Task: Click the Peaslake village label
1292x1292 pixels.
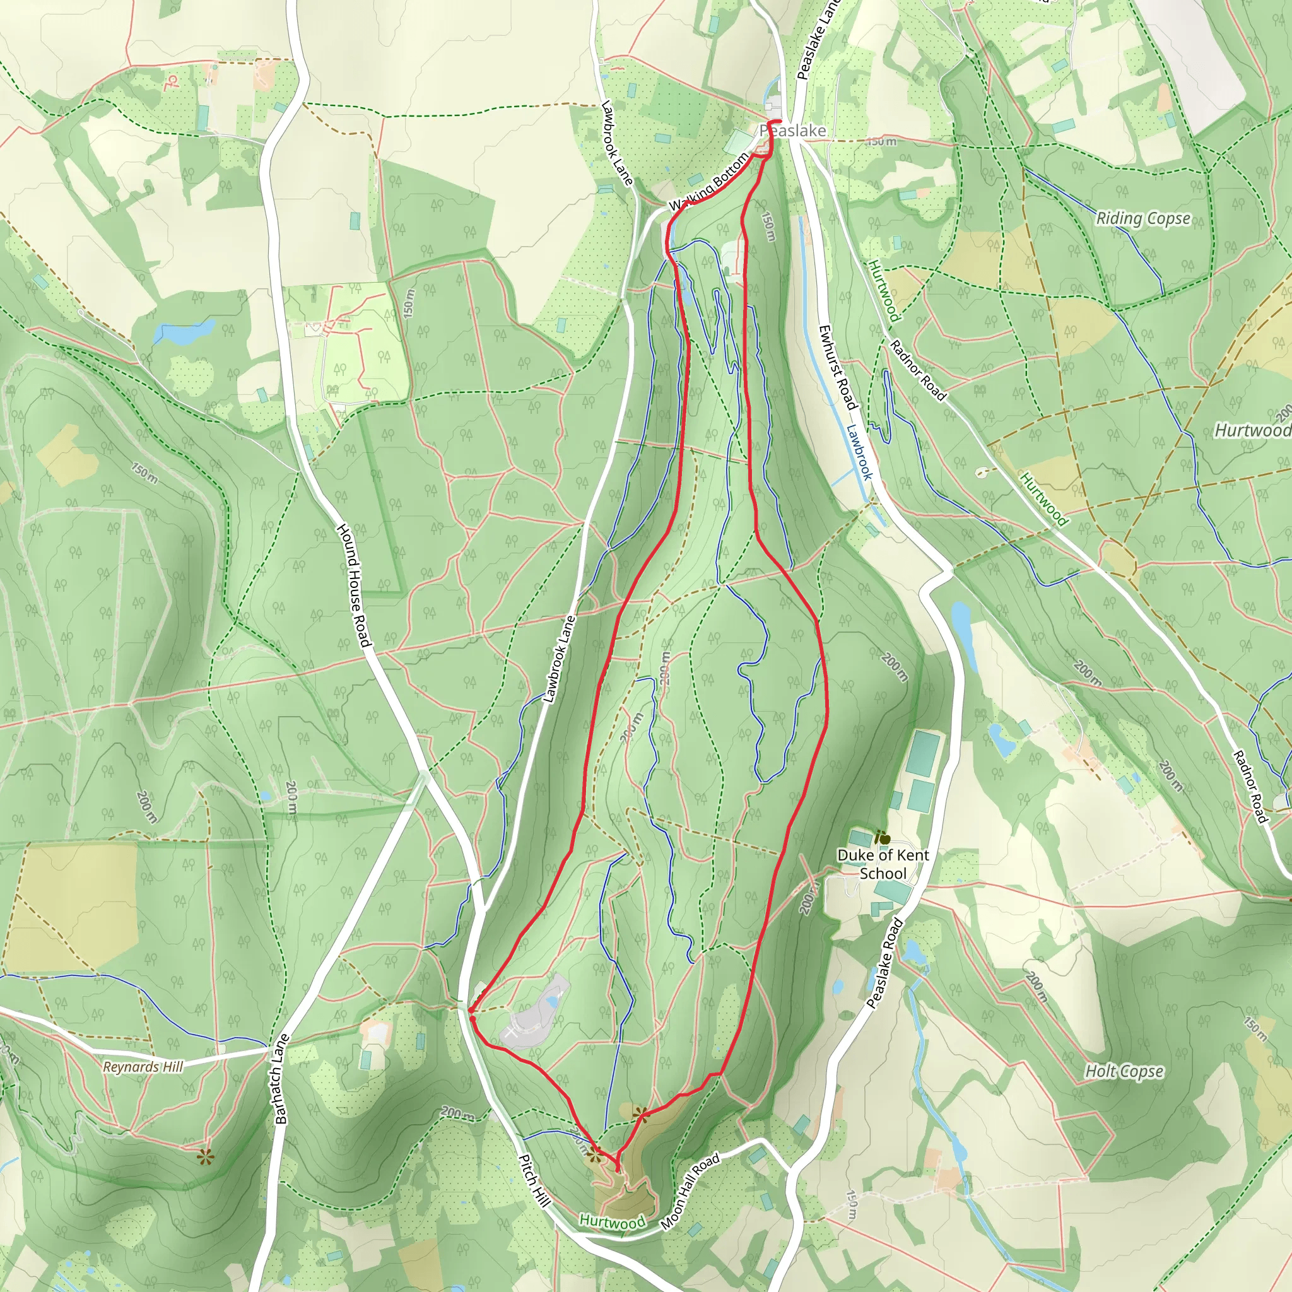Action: coord(793,131)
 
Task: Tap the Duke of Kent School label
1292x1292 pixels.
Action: coord(883,864)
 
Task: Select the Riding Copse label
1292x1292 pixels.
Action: coord(1143,218)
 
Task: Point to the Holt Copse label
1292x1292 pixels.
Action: coord(1124,1071)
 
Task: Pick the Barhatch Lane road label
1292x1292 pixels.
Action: coord(281,1078)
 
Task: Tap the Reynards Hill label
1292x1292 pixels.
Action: coord(143,1067)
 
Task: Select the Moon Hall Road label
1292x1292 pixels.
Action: coord(690,1191)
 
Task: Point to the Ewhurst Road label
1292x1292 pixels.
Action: coord(837,367)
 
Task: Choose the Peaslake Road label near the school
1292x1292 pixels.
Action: coord(884,964)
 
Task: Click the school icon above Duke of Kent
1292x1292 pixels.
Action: coord(882,837)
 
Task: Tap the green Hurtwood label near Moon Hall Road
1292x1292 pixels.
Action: coord(612,1221)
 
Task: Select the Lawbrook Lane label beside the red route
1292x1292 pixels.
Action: coord(560,659)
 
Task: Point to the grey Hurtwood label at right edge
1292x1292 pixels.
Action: coord(1252,430)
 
